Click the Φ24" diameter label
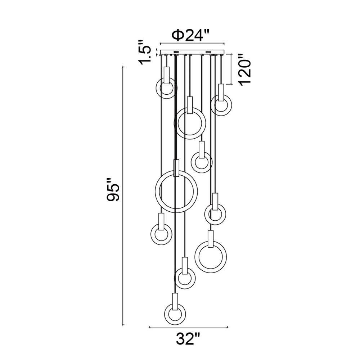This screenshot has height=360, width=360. [191, 35]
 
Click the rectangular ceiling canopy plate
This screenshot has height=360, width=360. [192, 52]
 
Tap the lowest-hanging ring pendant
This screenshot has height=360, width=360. [175, 314]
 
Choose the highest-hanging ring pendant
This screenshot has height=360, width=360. [166, 88]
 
